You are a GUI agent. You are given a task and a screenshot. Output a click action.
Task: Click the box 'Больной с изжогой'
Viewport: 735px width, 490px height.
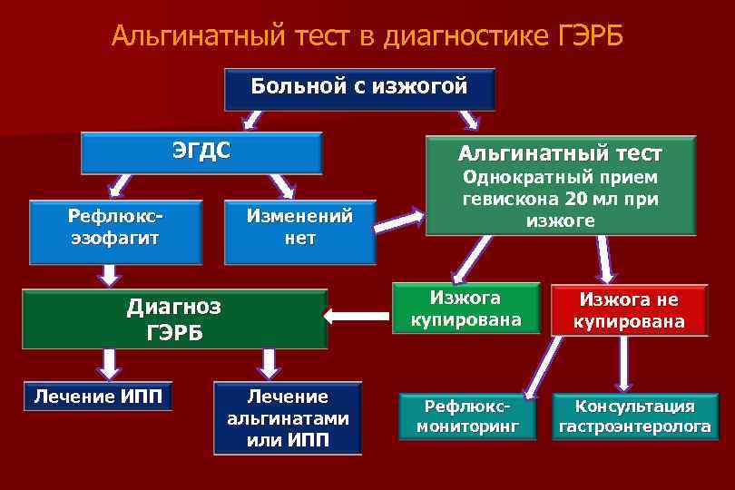(x=359, y=89)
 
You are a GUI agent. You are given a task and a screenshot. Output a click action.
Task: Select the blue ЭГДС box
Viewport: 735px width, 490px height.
(x=201, y=152)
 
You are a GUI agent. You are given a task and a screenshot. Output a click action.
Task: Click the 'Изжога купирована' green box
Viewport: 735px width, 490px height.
(x=464, y=309)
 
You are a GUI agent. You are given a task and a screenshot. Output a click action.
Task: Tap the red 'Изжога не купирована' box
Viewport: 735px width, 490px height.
(x=628, y=310)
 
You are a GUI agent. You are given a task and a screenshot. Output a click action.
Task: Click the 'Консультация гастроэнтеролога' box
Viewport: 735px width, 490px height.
(x=634, y=416)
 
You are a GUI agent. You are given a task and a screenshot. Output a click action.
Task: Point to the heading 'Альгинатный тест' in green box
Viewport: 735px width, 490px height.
(x=559, y=153)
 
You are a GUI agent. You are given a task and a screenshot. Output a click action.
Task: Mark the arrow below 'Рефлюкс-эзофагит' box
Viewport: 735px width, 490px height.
(x=111, y=273)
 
